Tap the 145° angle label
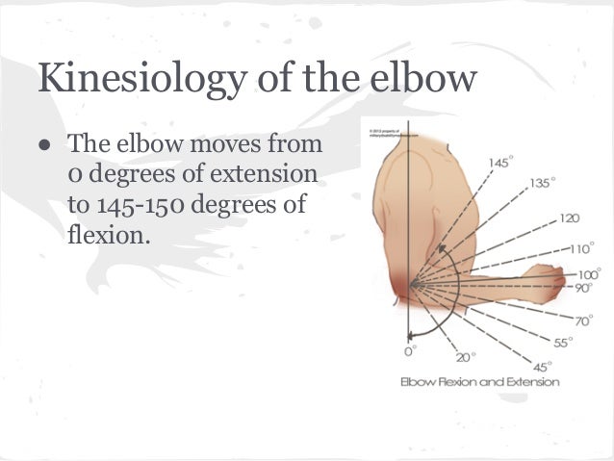point(499,163)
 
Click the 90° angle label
point(585,288)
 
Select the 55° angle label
point(563,343)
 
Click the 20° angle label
point(466,356)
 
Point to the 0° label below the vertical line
point(411,351)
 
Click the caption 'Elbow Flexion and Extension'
point(479,383)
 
